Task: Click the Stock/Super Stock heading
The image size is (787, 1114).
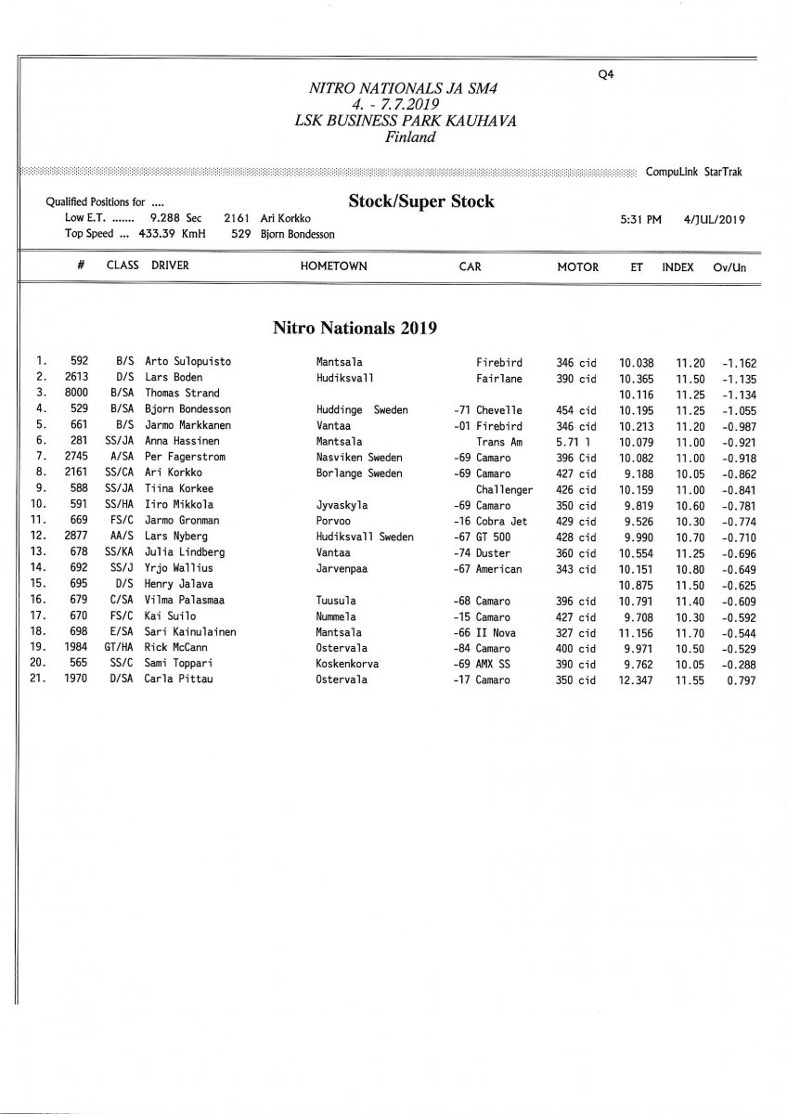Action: (421, 201)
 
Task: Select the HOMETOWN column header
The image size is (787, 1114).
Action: (333, 266)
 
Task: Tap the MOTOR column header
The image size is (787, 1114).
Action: (577, 266)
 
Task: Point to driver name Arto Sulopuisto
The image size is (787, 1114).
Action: (188, 362)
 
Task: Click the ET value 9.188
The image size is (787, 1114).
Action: (637, 473)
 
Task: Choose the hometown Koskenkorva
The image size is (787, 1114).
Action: (347, 664)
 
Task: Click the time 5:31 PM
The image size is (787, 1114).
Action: (640, 220)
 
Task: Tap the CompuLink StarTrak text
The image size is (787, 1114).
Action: (693, 172)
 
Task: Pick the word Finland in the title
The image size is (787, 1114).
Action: (409, 137)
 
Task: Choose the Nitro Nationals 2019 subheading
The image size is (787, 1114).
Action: (354, 328)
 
